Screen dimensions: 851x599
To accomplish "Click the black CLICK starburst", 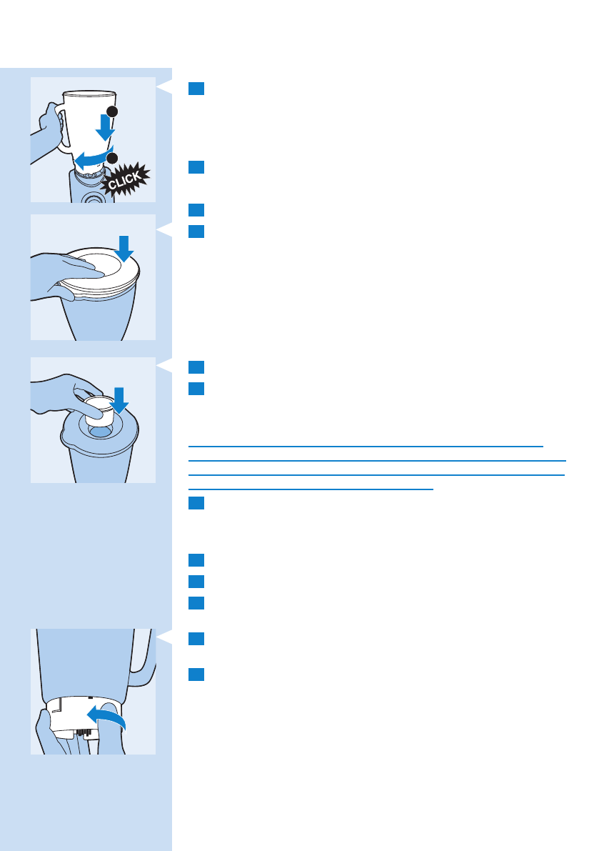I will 127,181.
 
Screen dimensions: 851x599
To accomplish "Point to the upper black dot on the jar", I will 112,111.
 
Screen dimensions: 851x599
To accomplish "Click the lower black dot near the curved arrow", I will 112,158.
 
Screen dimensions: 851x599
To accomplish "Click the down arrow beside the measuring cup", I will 119,400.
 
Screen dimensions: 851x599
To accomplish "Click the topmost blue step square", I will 196,88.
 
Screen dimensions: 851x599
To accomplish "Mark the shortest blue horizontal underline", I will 311,489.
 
